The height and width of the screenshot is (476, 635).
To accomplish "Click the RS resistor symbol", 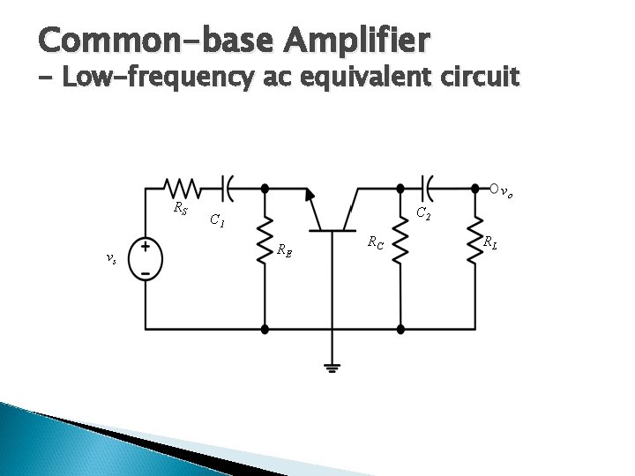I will [183, 188].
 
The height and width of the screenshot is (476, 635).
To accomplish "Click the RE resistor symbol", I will [265, 241].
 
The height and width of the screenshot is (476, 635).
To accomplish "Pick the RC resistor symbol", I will [400, 241].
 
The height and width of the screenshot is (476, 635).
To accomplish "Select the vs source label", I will [109, 258].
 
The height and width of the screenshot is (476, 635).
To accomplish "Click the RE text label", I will [284, 250].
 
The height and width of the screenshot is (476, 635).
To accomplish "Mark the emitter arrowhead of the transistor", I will [310, 195].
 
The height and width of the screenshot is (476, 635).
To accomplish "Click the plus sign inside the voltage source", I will [145, 248].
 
